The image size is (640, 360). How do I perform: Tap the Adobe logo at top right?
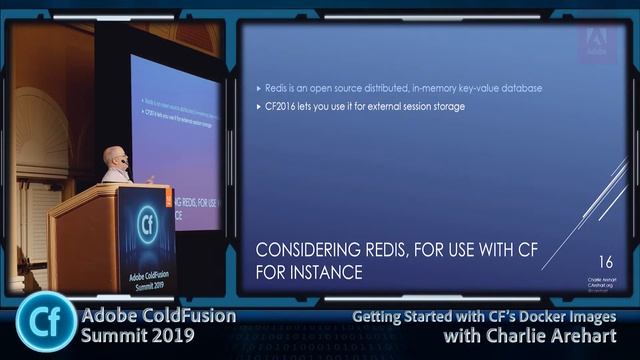coord(597,40)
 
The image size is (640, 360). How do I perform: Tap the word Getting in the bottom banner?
coord(376,318)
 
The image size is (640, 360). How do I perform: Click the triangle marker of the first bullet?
coord(258,88)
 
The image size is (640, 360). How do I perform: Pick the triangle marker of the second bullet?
coord(258,106)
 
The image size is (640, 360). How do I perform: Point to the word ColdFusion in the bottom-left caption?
coord(183,317)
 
